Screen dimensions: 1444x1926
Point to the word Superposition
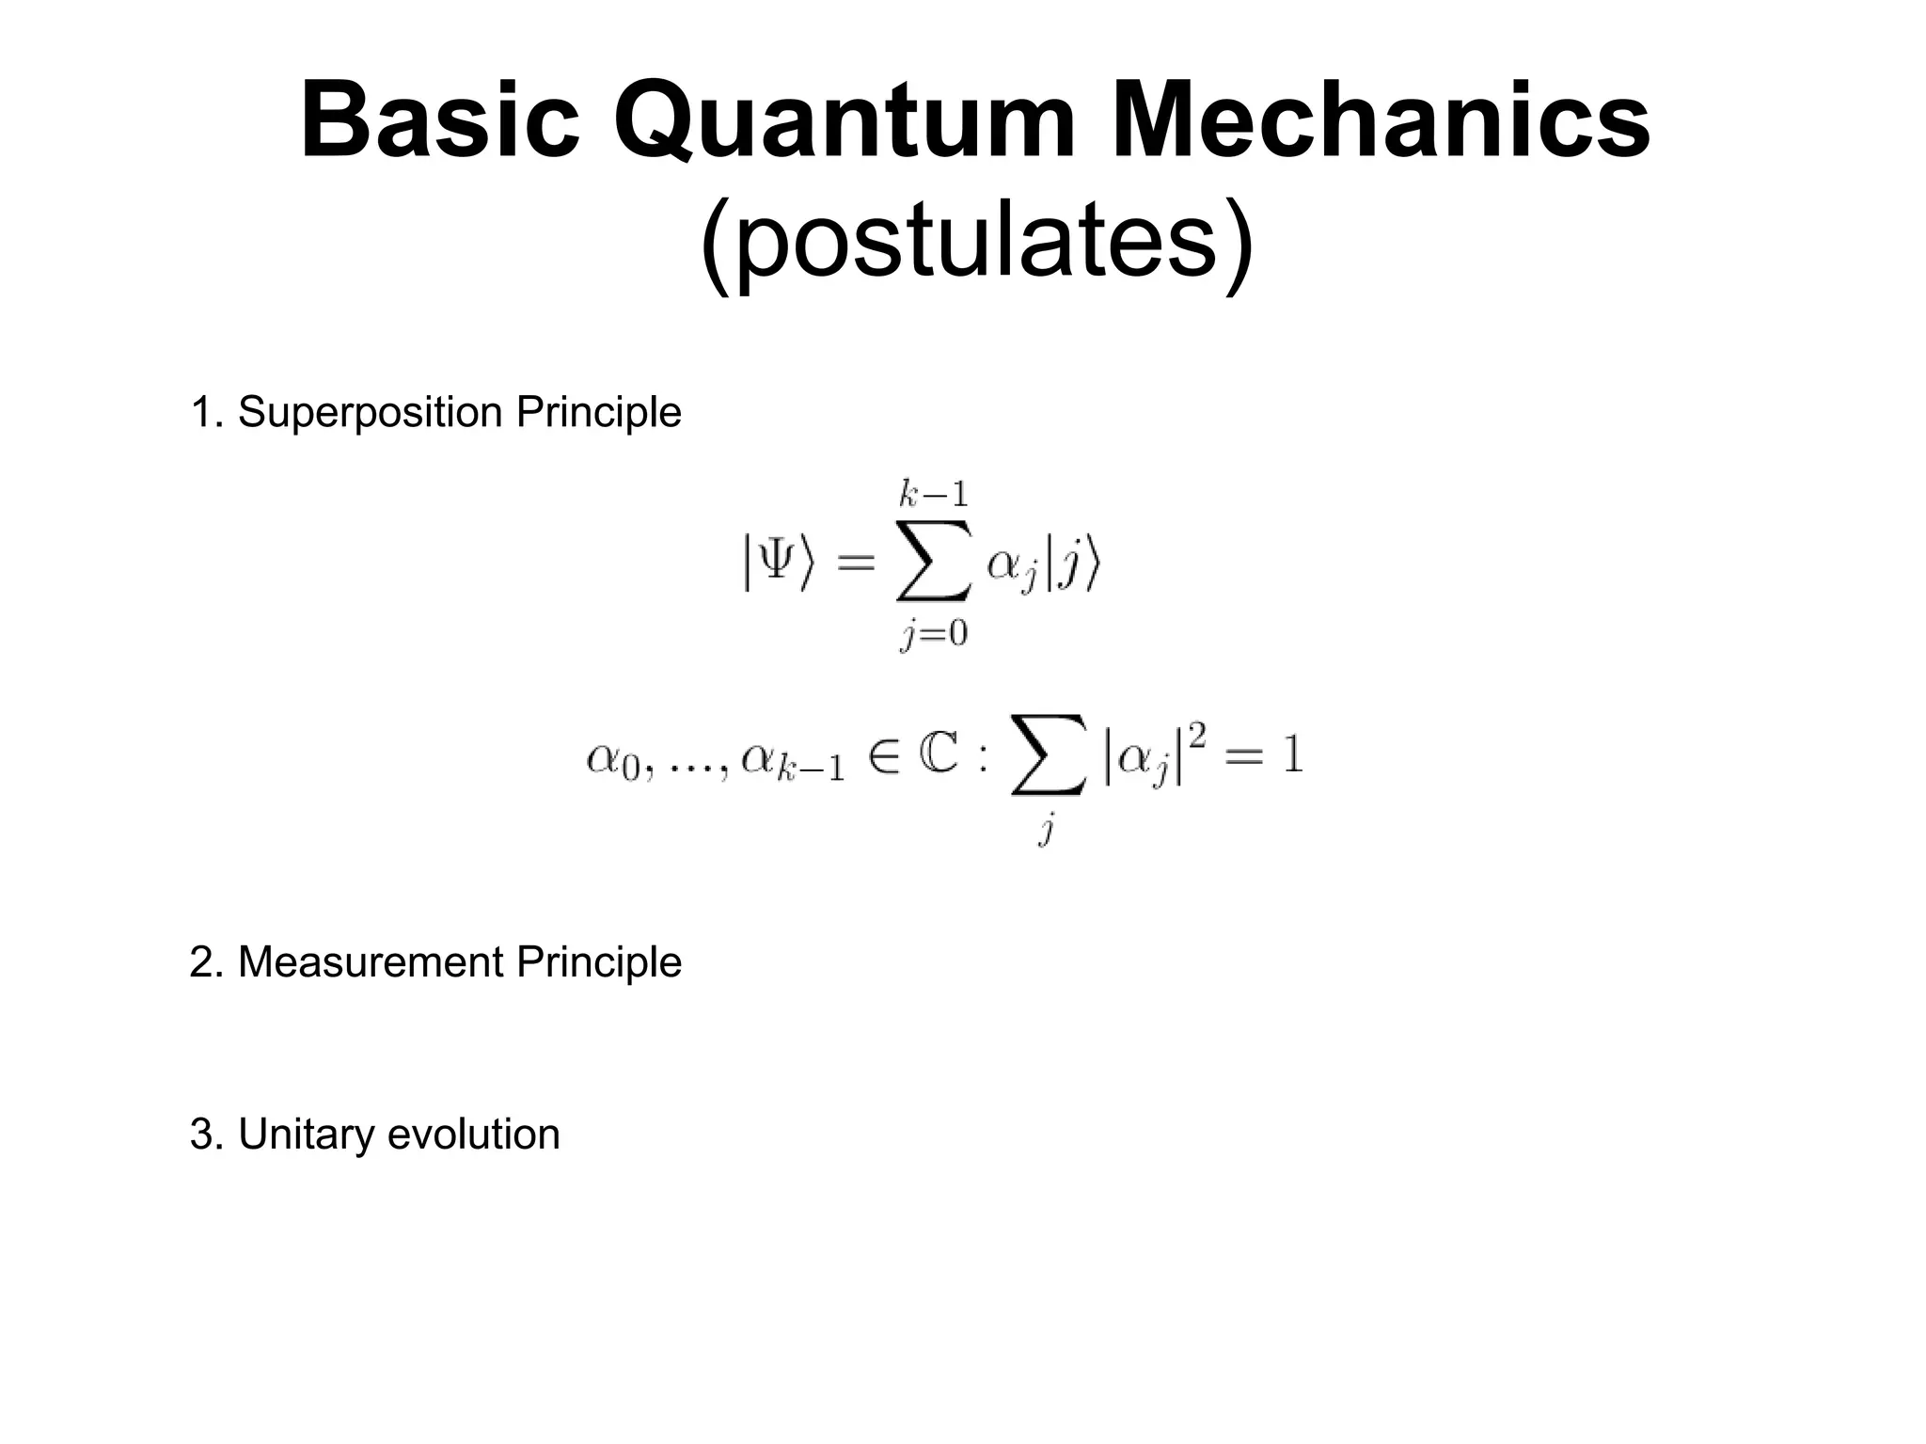(x=371, y=413)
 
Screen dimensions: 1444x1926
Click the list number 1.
(x=201, y=413)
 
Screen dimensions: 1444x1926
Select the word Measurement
(x=371, y=962)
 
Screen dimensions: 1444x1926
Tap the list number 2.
(x=202, y=962)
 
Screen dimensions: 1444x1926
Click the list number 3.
(x=202, y=1135)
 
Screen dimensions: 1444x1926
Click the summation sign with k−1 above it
(x=932, y=563)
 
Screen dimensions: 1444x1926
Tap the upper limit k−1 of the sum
(x=932, y=494)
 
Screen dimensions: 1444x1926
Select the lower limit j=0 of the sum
(x=933, y=634)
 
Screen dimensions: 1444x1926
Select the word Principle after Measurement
(x=598, y=962)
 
